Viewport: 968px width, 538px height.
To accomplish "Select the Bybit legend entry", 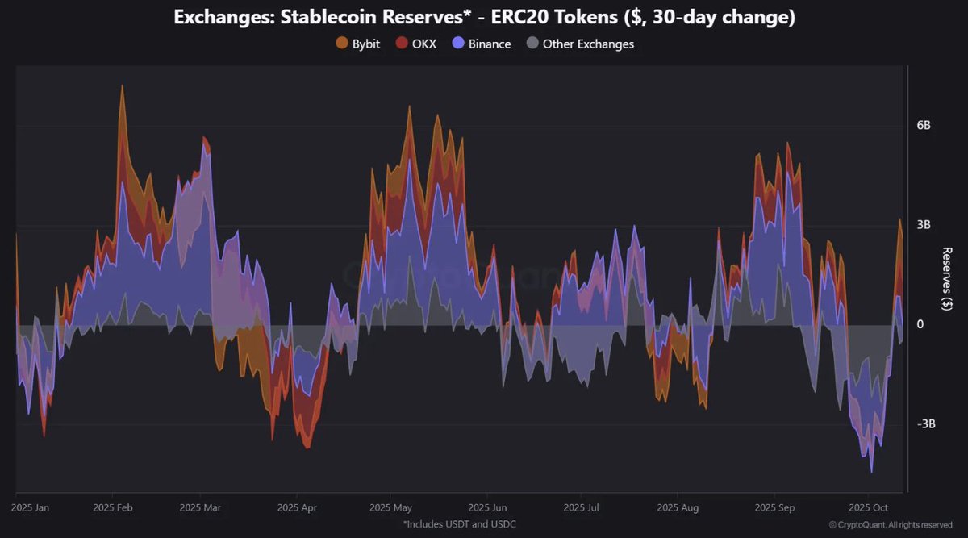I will point(358,44).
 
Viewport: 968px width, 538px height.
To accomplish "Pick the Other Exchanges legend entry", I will point(580,44).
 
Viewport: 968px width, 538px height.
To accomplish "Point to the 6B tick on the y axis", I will point(924,126).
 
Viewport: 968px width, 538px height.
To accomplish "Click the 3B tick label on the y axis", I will point(924,225).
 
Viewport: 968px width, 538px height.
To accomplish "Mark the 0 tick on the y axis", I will point(920,324).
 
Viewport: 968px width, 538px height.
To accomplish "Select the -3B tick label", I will point(925,424).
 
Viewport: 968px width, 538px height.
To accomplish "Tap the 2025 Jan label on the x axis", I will point(31,508).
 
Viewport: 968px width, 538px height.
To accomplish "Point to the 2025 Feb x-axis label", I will point(112,508).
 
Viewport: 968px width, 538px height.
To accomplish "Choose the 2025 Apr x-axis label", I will point(297,508).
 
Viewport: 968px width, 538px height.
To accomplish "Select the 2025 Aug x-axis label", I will point(678,508).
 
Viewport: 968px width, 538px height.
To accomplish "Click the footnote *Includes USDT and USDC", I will point(460,524).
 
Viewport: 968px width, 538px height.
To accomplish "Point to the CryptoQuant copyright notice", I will point(879,525).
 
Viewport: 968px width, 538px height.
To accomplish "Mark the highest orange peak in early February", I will point(122,85).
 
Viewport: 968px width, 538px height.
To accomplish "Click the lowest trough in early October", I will point(871,472).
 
